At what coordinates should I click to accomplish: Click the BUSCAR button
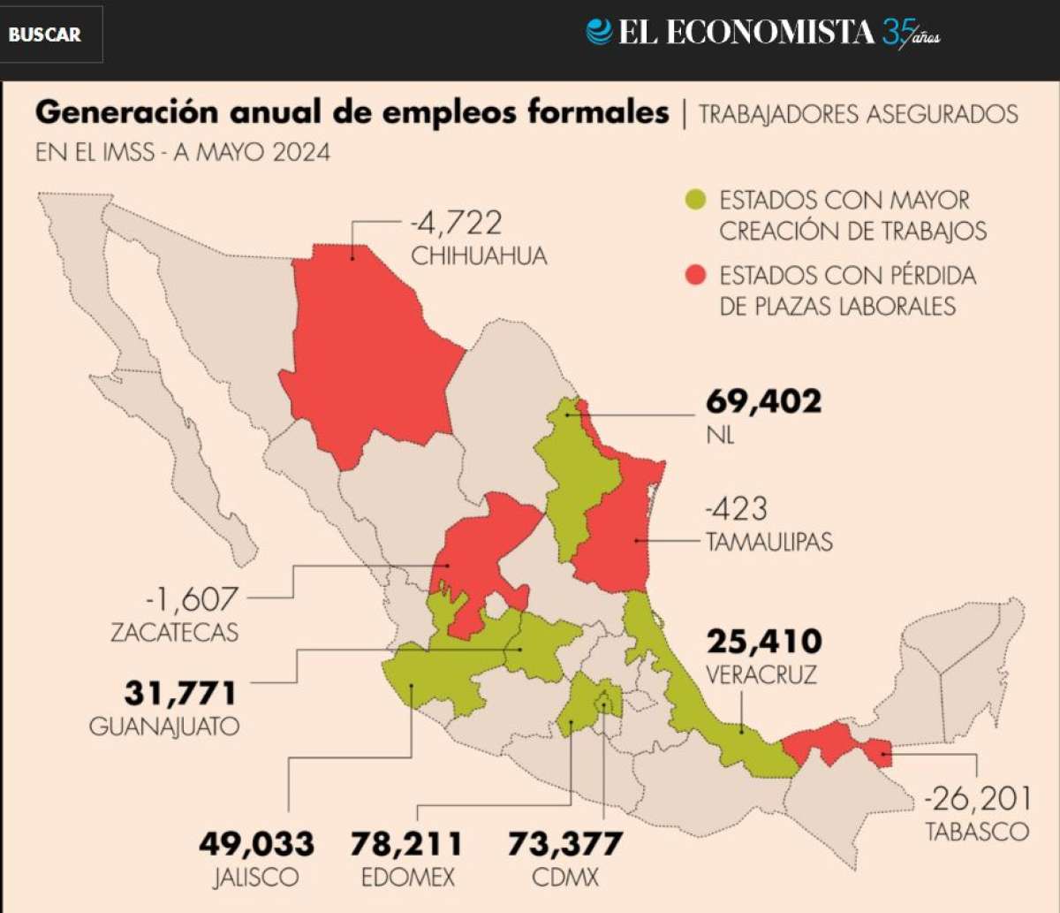click(x=45, y=34)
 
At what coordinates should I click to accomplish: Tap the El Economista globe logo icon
click(x=599, y=32)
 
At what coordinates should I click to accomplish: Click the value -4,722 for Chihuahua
click(x=456, y=221)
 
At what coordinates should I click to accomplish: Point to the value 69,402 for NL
click(x=763, y=401)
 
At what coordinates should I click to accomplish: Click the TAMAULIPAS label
click(x=768, y=541)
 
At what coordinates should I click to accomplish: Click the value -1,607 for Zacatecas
click(x=193, y=599)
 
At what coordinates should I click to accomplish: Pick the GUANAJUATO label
click(x=164, y=727)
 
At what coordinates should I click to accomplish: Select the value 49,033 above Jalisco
click(x=256, y=844)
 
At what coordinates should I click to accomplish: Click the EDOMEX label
click(x=407, y=878)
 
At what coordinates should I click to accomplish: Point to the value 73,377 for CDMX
click(x=564, y=844)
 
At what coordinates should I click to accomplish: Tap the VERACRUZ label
click(x=761, y=675)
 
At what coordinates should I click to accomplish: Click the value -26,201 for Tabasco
click(x=977, y=799)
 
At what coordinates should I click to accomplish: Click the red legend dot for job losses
click(x=697, y=276)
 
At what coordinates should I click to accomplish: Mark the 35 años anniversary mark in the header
click(x=910, y=34)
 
